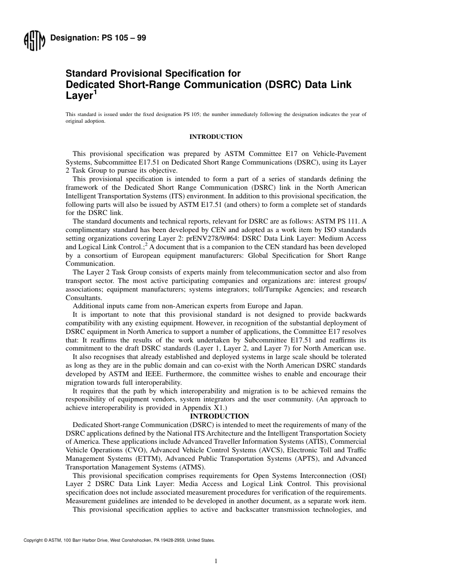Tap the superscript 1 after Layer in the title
[95, 93]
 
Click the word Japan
[292, 305]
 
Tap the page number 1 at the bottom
[216, 562]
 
